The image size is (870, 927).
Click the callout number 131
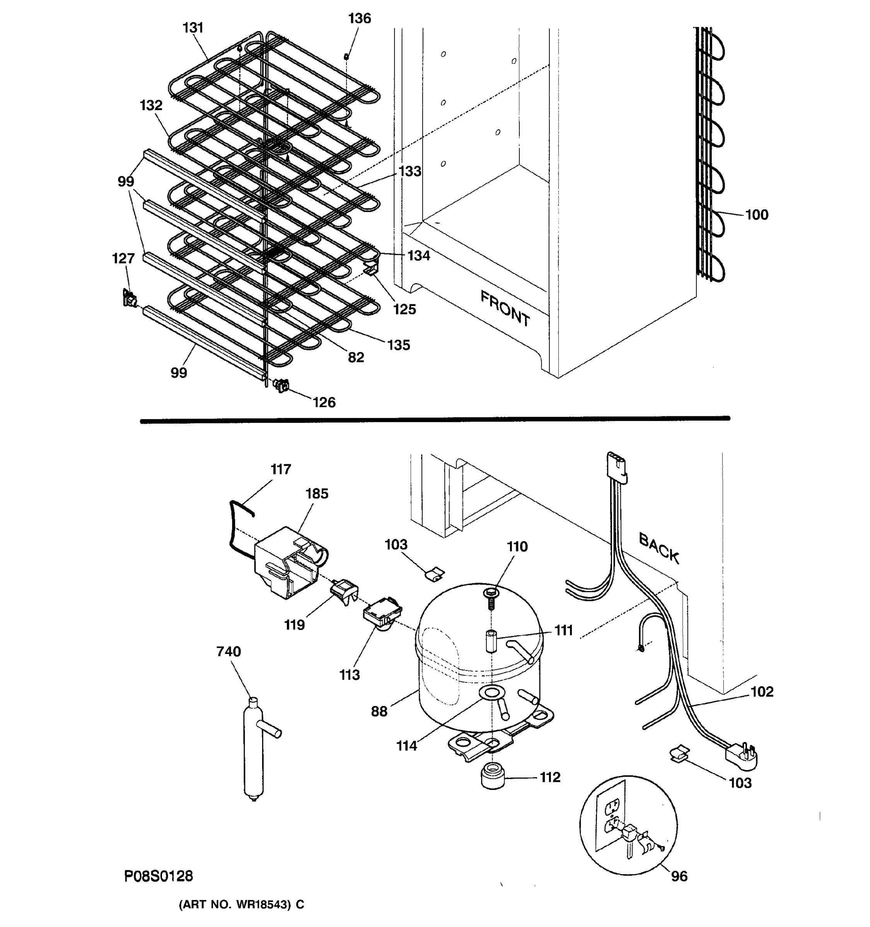coord(193,28)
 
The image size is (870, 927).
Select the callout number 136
coord(359,19)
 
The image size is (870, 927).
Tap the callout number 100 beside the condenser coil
coord(757,215)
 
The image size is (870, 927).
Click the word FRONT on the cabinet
coord(505,308)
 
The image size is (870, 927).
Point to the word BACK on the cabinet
coord(658,548)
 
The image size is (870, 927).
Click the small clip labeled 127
coord(129,298)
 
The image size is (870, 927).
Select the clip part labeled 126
coord(281,385)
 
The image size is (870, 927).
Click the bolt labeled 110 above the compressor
coord(491,598)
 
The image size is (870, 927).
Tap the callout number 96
coord(679,876)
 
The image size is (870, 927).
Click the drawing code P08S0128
coord(158,876)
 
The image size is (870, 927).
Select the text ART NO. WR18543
coord(241,905)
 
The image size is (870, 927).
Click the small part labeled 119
coord(345,591)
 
